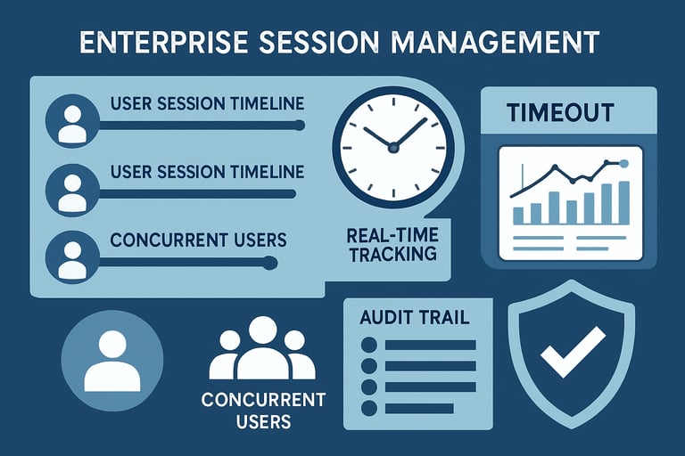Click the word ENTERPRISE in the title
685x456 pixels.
163,43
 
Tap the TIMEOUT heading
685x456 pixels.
560,112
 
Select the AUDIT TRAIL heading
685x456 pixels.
415,317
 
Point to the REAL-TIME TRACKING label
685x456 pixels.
392,245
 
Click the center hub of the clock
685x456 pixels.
393,148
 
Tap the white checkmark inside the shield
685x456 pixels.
573,351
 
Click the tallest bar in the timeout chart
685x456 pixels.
624,203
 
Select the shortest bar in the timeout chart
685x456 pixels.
518,216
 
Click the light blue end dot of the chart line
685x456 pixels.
623,164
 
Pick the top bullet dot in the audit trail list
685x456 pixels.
369,345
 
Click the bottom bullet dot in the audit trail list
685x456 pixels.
369,409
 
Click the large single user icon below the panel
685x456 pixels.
112,360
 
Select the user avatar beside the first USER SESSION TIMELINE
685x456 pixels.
72,121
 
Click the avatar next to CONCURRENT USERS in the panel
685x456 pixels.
72,257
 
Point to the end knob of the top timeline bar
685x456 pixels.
300,126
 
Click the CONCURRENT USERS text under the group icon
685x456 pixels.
263,411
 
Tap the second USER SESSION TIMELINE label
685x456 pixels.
207,172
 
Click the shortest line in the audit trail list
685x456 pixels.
419,409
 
